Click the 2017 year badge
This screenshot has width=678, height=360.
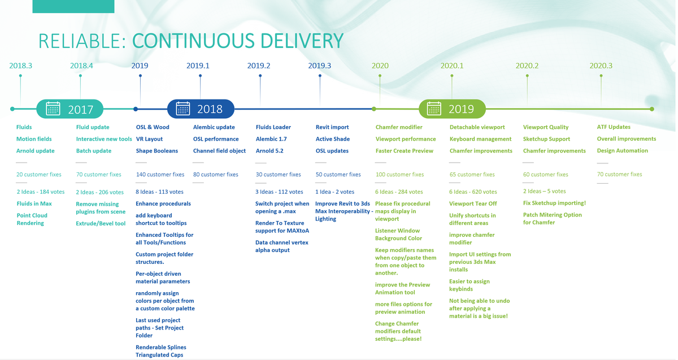coord(69,109)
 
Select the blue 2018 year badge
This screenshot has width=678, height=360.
coord(201,109)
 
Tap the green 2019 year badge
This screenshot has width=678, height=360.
coord(452,109)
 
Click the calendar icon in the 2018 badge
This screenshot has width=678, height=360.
coord(183,109)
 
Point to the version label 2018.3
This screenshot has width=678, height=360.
coord(20,66)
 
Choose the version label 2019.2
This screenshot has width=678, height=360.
coord(259,66)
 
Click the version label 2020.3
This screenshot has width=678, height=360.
coord(601,66)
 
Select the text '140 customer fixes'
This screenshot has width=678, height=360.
coord(160,175)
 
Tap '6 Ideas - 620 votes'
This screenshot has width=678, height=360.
coord(473,192)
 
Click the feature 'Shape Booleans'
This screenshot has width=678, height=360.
coord(157,151)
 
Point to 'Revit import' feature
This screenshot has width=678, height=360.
coord(332,127)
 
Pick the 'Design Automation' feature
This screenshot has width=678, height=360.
coord(622,150)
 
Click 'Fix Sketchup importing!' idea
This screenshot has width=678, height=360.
coord(554,203)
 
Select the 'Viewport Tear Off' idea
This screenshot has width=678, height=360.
coord(473,203)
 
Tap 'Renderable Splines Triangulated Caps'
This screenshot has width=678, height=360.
coord(160,351)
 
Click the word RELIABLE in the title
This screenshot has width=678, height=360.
coord(82,41)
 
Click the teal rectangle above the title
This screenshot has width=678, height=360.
coord(73,6)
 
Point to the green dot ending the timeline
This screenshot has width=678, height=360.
coord(651,109)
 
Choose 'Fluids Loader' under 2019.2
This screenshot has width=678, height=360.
coord(273,127)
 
